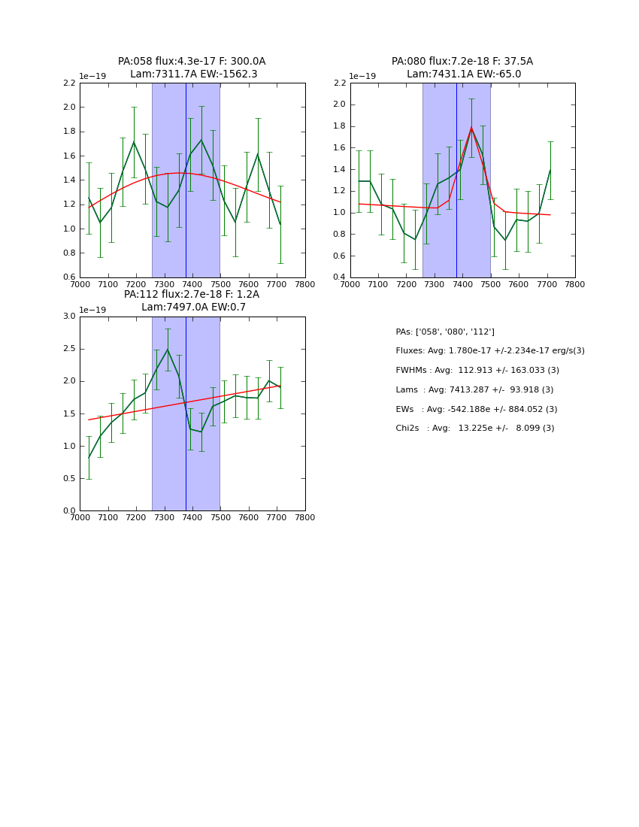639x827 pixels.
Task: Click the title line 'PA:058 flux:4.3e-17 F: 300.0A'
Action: coord(192,62)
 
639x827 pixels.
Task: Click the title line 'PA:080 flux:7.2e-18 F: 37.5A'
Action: coord(462,62)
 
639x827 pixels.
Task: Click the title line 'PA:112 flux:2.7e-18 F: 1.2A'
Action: coord(192,295)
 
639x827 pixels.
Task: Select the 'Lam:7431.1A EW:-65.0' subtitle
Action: coord(464,74)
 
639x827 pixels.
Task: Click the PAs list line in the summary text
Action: coord(445,332)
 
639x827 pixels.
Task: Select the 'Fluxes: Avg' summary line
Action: coord(490,351)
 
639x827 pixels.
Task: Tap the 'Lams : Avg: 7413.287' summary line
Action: coord(474,390)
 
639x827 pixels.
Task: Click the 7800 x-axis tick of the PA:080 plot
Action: coord(575,284)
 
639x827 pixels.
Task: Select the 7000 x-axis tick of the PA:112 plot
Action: coord(80,517)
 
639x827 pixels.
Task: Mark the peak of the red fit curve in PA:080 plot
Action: coord(471,127)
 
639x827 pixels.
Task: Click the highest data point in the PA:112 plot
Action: coord(168,350)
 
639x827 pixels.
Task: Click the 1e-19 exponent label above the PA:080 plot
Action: coord(362,77)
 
